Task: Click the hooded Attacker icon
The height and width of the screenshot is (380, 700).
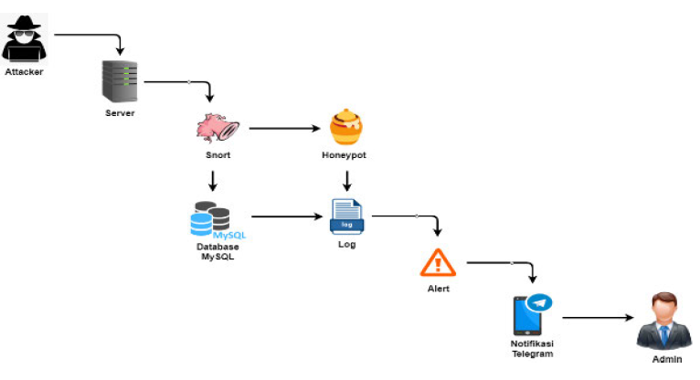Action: click(23, 41)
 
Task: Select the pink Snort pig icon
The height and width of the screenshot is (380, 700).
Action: click(217, 128)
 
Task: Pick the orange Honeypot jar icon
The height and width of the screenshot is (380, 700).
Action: click(345, 128)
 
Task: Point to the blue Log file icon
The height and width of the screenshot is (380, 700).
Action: click(346, 217)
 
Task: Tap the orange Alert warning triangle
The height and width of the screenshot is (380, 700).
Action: click(438, 263)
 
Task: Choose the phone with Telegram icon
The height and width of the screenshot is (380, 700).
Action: click(530, 314)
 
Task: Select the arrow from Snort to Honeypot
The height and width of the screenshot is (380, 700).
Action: click(282, 128)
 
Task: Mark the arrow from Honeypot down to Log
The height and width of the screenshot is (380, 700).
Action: click(346, 180)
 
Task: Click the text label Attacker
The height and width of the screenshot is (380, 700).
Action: click(23, 71)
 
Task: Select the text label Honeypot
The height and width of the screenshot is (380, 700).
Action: click(344, 155)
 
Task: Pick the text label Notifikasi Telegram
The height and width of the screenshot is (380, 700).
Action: click(532, 348)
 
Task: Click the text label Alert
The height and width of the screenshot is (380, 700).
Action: click(438, 289)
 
